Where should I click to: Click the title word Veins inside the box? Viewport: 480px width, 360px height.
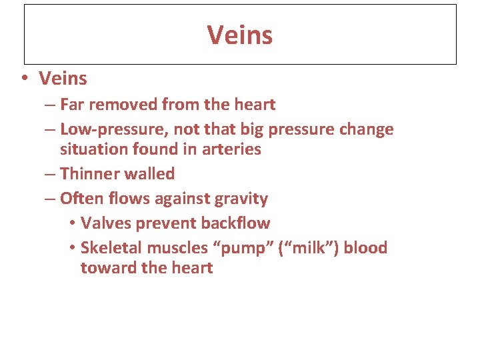coord(239,35)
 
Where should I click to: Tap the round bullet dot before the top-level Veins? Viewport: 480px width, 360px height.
coord(24,79)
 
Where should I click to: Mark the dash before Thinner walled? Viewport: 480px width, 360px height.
coord(51,174)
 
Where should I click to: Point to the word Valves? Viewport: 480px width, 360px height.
coord(102,223)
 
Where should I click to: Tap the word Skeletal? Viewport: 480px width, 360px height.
coord(111,248)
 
